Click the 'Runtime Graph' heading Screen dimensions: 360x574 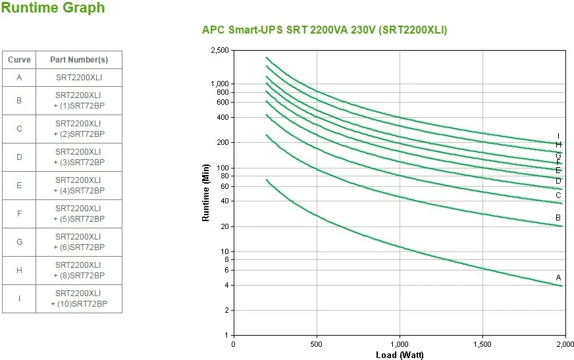53,9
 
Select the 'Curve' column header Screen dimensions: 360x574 19,60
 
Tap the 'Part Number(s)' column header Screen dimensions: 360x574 79,60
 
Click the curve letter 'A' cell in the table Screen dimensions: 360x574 19,78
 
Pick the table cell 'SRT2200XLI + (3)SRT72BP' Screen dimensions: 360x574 79,157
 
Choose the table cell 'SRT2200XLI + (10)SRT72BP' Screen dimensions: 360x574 79,299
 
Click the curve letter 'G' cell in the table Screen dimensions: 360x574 19,242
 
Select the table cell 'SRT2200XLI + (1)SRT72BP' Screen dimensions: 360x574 79,101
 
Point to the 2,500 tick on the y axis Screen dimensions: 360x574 219,51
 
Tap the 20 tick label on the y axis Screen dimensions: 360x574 224,226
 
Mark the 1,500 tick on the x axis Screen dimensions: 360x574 483,344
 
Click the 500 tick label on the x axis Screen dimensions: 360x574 317,344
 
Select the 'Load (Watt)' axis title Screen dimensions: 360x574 399,355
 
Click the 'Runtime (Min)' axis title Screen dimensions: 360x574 206,193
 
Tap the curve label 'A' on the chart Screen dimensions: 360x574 558,278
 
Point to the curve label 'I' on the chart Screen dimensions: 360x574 558,136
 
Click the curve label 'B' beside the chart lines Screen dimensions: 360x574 558,218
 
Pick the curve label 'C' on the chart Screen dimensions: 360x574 558,195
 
